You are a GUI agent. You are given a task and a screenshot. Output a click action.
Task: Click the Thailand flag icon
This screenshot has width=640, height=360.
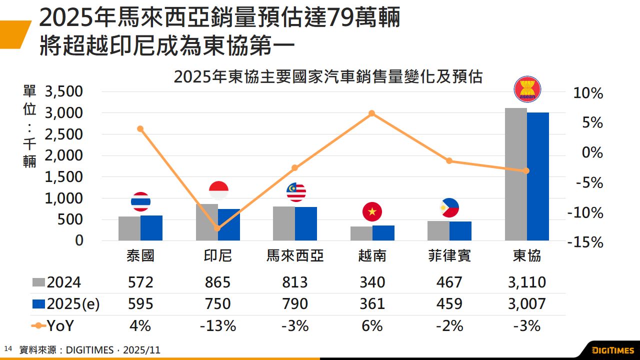pyautogui.click(x=140, y=201)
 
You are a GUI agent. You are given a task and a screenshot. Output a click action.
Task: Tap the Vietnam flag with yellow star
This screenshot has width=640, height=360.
pyautogui.click(x=371, y=212)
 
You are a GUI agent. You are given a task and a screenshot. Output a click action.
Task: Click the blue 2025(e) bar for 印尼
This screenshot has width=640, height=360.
pyautogui.click(x=229, y=224)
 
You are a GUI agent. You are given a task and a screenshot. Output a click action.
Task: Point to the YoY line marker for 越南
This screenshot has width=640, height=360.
pyautogui.click(x=371, y=113)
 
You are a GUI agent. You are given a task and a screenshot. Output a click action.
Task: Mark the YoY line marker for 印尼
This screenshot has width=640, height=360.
pyautogui.click(x=217, y=228)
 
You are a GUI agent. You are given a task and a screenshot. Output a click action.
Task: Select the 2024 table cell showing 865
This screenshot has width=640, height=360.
pyautogui.click(x=217, y=282)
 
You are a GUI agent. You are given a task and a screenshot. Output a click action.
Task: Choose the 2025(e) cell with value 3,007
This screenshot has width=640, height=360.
pyautogui.click(x=526, y=304)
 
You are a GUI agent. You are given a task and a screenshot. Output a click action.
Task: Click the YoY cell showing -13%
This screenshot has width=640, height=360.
pyautogui.click(x=217, y=326)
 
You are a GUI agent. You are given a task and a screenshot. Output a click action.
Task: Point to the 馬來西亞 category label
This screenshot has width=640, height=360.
pyautogui.click(x=295, y=256)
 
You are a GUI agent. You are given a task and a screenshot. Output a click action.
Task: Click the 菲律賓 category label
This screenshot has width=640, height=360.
pyautogui.click(x=449, y=256)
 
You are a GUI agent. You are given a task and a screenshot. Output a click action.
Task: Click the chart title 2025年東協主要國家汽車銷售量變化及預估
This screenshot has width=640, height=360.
pyautogui.click(x=328, y=77)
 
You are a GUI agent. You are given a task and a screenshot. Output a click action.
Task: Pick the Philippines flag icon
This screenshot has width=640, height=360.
pyautogui.click(x=449, y=208)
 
